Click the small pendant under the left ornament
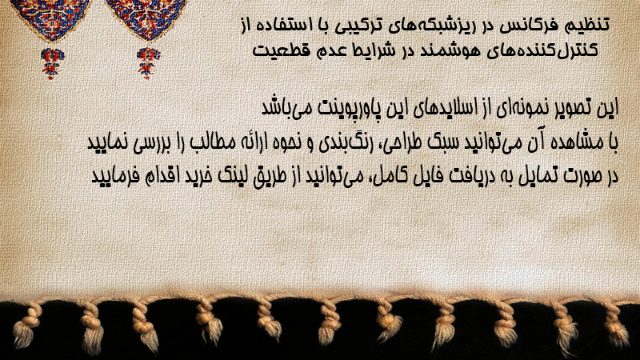click(x=52, y=63)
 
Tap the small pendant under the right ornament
click(x=148, y=63)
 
